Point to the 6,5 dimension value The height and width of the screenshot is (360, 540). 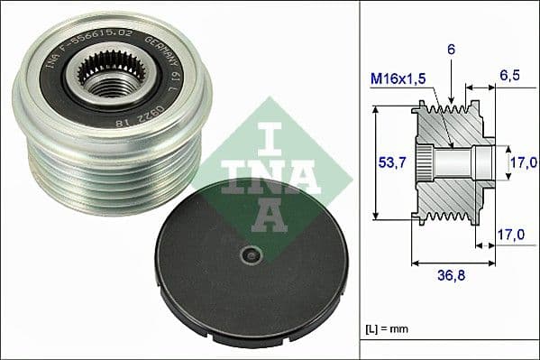(511, 77)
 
